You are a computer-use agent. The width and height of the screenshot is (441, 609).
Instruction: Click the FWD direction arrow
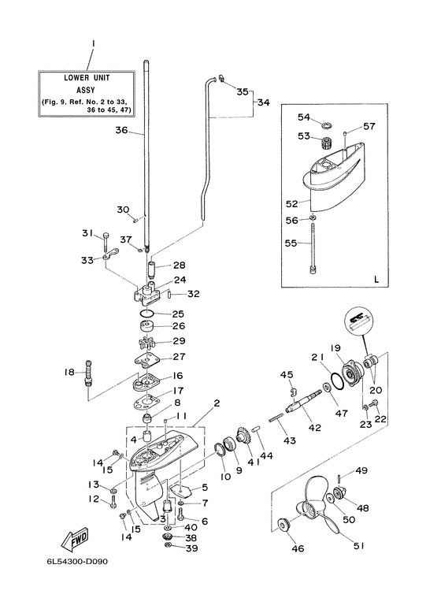75,540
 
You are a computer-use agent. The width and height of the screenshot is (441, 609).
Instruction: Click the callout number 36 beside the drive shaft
121,130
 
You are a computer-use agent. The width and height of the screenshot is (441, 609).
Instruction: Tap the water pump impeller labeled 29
146,343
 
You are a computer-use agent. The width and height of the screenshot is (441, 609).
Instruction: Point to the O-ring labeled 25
146,314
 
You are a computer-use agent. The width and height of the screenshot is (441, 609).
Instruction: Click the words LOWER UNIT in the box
87,78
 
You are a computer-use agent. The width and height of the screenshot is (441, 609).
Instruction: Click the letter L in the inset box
376,279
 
